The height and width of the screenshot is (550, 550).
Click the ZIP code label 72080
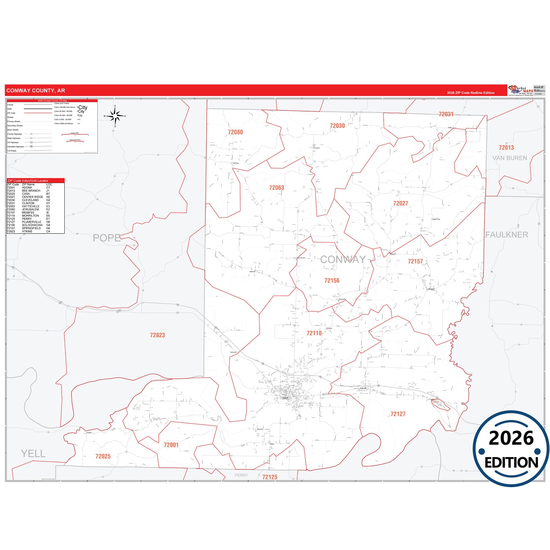(x=235, y=132)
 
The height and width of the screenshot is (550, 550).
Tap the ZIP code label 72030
(x=337, y=126)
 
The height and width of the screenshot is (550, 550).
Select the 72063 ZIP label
(x=276, y=188)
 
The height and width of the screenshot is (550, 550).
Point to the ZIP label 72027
(x=400, y=203)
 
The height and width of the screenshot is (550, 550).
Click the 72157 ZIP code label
(x=415, y=261)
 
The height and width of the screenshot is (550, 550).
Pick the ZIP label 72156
(x=332, y=281)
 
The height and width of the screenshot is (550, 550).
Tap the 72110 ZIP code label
(x=314, y=333)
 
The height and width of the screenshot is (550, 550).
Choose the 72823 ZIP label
(x=157, y=335)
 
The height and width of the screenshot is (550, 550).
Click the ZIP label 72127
(x=398, y=414)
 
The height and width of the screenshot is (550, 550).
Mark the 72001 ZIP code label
(x=171, y=445)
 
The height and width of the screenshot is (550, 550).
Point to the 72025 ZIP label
(x=103, y=456)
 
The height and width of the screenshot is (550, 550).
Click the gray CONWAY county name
(x=343, y=259)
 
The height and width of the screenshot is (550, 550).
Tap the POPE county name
(x=107, y=238)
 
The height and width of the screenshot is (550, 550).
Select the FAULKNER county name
(x=507, y=235)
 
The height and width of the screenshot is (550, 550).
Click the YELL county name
(x=33, y=453)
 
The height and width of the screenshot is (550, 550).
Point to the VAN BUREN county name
(x=509, y=158)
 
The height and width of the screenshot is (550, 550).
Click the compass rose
(x=115, y=116)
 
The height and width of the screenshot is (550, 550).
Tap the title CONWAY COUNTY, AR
(x=35, y=91)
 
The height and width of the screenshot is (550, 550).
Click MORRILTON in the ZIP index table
(x=30, y=216)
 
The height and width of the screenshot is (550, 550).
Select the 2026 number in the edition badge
(x=511, y=438)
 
